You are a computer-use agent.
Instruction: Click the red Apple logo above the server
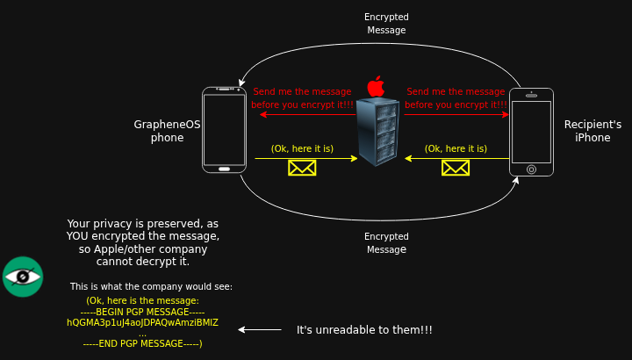(376, 86)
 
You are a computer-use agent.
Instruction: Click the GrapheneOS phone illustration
(224, 129)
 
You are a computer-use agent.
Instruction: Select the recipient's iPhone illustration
(531, 133)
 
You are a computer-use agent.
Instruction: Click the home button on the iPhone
(531, 169)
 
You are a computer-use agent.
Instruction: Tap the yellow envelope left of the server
(302, 167)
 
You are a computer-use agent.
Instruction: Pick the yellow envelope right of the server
(456, 167)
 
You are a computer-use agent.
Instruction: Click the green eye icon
(23, 277)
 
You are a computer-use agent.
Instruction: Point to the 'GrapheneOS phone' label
(167, 131)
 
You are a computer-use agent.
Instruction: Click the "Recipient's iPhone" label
(592, 131)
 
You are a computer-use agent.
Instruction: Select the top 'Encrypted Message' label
(386, 24)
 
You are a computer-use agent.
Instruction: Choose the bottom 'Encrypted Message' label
(386, 243)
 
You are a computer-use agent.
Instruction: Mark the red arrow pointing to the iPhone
(456, 114)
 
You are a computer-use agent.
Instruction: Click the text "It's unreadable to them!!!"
(364, 330)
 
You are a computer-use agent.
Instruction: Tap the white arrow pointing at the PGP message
(260, 330)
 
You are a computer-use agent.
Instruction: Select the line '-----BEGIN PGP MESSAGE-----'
(142, 312)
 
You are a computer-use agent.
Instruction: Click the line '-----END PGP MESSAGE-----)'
(142, 343)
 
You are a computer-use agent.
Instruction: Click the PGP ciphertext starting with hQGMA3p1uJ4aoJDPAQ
(142, 322)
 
